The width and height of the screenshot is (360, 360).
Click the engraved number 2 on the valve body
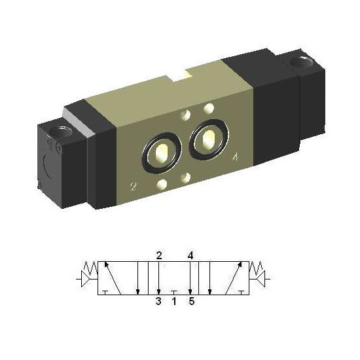133,187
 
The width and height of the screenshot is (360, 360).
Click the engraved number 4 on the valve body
236,157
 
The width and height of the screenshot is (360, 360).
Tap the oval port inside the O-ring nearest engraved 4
209,139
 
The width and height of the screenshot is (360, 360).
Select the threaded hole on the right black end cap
301,62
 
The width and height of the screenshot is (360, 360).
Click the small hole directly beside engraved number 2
162,184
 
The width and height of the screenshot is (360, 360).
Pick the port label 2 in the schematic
159,255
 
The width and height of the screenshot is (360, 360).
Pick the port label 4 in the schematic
190,255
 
